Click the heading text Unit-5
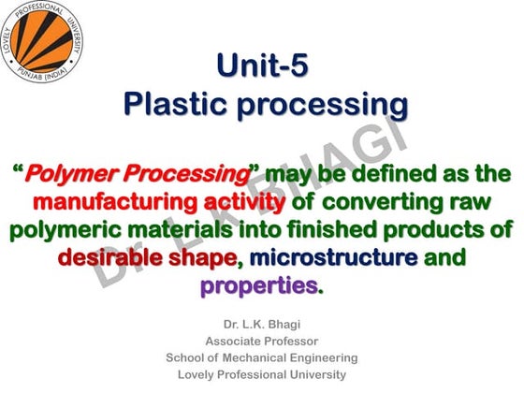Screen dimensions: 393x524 coord(261,65)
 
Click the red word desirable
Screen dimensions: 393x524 coord(111,257)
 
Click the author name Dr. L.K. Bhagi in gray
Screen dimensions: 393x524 coord(261,324)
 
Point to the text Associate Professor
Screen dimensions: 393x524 coord(261,341)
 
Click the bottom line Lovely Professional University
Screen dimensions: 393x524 coord(261,374)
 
